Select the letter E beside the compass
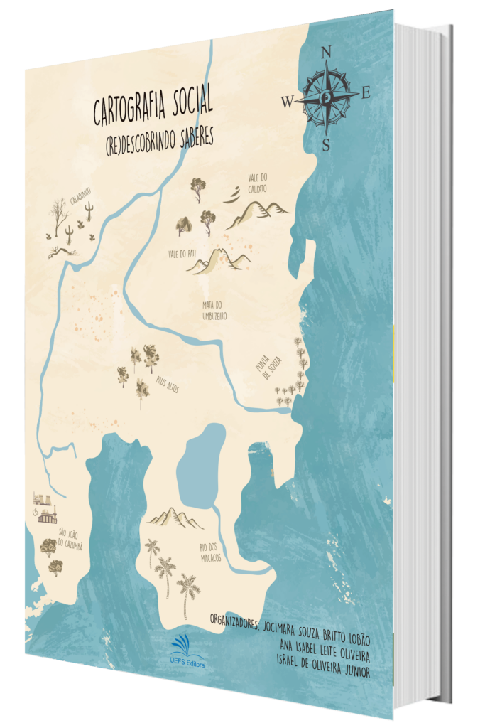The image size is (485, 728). coord(366,91)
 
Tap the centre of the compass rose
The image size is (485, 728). coord(327,97)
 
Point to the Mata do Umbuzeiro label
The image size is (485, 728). coord(213,310)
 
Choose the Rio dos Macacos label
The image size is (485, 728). coord(210,552)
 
